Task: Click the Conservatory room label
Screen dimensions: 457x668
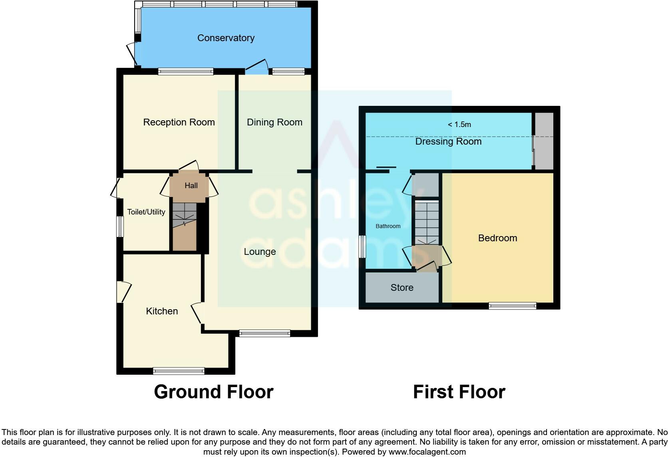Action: [226, 38]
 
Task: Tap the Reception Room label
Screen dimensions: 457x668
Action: [179, 122]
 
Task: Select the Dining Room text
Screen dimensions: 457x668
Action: [274, 122]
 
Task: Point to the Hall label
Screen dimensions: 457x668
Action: [191, 185]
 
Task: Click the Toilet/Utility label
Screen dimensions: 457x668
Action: [146, 212]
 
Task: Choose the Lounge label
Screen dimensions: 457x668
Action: [260, 252]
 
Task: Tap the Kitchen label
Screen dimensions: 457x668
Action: [162, 311]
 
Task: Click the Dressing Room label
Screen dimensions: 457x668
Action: [448, 141]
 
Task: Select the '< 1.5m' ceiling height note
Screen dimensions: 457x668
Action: [459, 125]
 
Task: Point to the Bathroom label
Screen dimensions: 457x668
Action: [388, 226]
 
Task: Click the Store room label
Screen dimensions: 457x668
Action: [402, 288]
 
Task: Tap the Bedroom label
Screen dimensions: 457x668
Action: [497, 238]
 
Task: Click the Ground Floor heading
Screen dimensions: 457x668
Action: [214, 392]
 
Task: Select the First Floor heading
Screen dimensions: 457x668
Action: [459, 392]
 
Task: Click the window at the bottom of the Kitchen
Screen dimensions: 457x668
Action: [179, 371]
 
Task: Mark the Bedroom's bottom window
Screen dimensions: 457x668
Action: [512, 306]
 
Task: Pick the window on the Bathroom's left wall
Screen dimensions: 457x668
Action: [362, 246]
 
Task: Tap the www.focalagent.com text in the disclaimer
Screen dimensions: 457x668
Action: [427, 452]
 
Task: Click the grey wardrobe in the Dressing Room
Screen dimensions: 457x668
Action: [544, 141]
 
